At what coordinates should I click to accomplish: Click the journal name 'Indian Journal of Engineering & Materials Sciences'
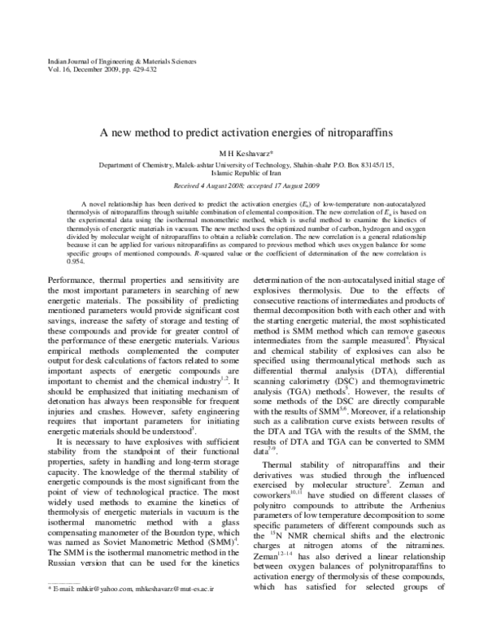112,61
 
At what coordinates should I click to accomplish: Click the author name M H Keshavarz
244,151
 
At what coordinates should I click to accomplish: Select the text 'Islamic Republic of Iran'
244,172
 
